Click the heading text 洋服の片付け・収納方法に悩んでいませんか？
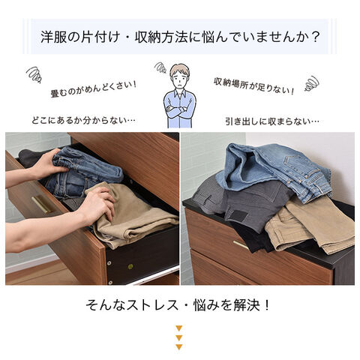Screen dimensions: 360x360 click(x=180, y=37)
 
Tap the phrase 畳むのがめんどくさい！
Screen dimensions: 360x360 click(x=94, y=89)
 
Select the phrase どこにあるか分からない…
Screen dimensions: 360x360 click(x=83, y=120)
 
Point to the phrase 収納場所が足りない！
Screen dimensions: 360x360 click(x=253, y=85)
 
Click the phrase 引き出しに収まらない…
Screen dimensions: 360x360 click(x=272, y=121)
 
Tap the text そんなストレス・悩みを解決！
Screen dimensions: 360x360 click(x=178, y=305)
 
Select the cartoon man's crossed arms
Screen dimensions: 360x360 click(x=178, y=110)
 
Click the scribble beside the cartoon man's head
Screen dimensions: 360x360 click(x=160, y=67)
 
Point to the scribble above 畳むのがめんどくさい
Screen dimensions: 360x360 click(x=34, y=74)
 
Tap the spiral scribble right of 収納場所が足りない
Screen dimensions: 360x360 click(x=311, y=83)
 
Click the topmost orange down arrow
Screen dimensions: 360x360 click(x=179, y=328)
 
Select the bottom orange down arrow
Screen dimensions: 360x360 click(x=179, y=347)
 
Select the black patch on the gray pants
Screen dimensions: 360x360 click(x=238, y=215)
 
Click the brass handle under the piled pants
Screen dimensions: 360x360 click(x=241, y=244)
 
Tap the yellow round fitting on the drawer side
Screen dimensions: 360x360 click(x=130, y=266)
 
